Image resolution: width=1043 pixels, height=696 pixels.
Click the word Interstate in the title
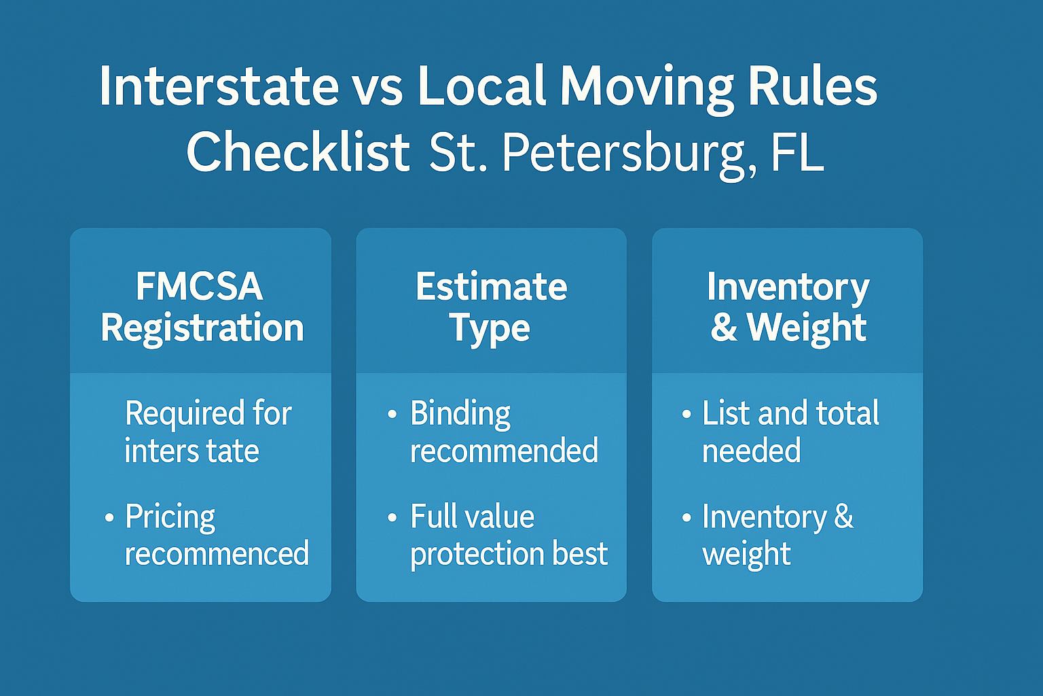pyautogui.click(x=219, y=86)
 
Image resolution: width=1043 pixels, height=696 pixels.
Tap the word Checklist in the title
pyautogui.click(x=298, y=152)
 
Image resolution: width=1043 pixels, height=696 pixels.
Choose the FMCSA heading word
pyautogui.click(x=199, y=286)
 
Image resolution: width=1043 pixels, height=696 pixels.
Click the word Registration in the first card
pyautogui.click(x=202, y=328)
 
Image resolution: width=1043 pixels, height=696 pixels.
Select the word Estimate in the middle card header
pyautogui.click(x=491, y=286)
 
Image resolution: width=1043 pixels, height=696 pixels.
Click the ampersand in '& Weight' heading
pyautogui.click(x=724, y=328)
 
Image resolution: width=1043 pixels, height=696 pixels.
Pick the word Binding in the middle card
pyautogui.click(x=460, y=414)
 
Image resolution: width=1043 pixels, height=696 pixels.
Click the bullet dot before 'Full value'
pyautogui.click(x=392, y=517)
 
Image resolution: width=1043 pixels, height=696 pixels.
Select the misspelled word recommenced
pyautogui.click(x=217, y=554)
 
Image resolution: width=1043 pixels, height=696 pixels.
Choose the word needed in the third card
pyautogui.click(x=751, y=451)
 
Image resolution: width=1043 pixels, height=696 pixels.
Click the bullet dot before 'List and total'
pyautogui.click(x=687, y=414)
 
